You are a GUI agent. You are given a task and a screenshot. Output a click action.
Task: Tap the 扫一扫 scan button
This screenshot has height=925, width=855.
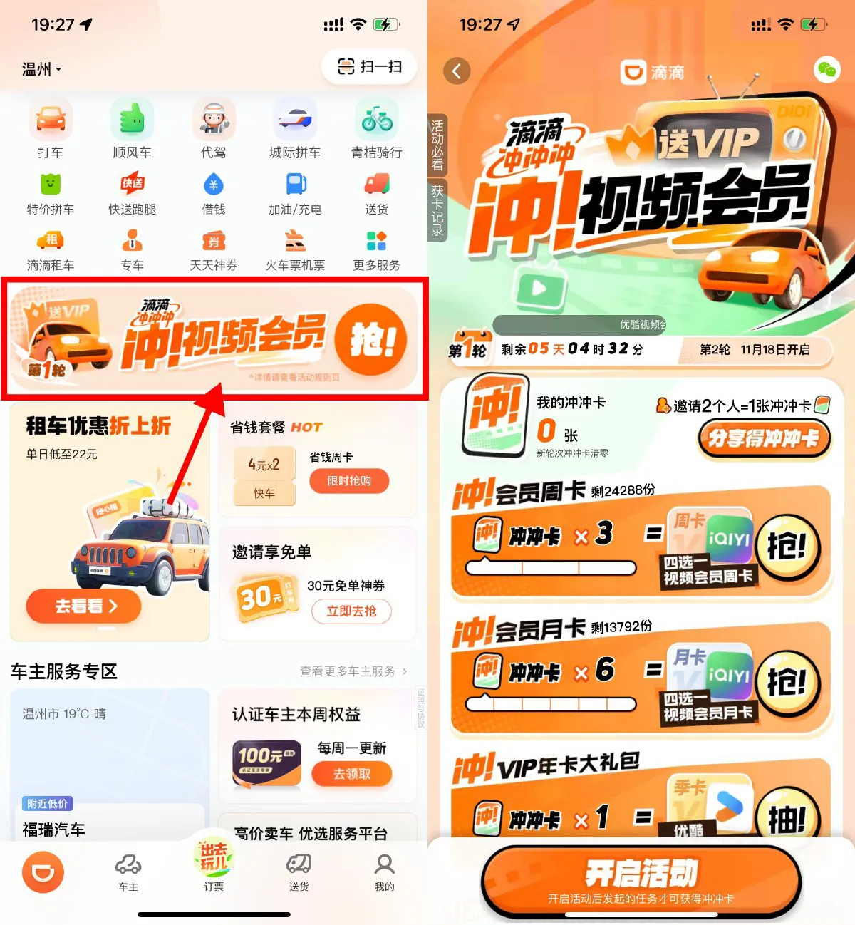coord(369,67)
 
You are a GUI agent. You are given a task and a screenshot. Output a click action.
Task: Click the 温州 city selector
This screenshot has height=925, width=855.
coord(41,69)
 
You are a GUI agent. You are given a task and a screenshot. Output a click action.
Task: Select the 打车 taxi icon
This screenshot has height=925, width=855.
coord(51,120)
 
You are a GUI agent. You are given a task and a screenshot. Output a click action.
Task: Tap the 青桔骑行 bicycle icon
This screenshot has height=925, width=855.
coord(376,120)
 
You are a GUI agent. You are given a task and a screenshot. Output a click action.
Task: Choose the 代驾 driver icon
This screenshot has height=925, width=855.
coord(213,120)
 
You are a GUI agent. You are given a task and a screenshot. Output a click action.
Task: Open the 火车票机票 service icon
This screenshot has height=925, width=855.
coord(295,242)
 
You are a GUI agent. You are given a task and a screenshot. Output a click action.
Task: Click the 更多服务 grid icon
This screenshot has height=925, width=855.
coord(376,242)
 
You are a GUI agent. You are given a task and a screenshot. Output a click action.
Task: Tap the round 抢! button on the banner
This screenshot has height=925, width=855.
coord(371,340)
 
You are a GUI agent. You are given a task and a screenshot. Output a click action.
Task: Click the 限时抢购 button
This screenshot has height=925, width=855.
coord(349,481)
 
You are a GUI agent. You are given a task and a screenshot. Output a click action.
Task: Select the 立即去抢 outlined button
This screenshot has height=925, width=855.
coord(351,611)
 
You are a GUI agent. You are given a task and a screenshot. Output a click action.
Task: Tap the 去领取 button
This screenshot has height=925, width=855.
coord(352,774)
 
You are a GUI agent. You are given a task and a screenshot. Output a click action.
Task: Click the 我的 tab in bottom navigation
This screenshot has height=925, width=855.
coord(384,872)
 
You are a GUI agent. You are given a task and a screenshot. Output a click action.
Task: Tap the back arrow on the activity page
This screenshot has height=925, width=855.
coord(457,71)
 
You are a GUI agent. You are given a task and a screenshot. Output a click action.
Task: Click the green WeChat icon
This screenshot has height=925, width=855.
coord(826,70)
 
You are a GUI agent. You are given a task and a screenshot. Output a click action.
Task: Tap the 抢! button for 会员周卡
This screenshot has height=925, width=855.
coord(787,547)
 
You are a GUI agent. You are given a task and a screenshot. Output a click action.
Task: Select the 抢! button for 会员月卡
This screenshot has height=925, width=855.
coord(787,683)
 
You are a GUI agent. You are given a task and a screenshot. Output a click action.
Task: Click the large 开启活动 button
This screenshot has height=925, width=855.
coord(641,881)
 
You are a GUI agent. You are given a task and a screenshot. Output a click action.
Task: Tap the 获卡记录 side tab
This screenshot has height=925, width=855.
coord(437,211)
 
